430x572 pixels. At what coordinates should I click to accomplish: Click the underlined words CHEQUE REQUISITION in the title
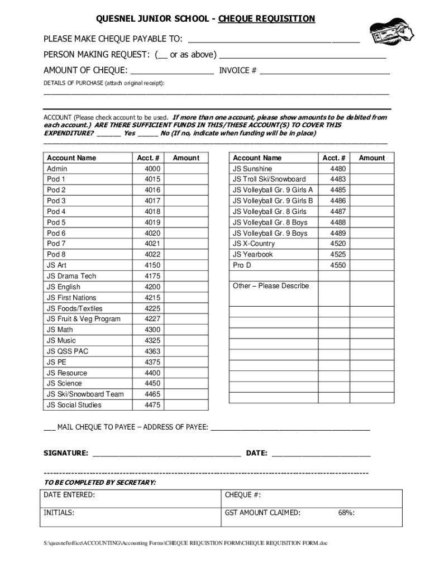coord(266,19)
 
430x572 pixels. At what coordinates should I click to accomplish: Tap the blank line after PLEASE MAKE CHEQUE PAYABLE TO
coord(274,40)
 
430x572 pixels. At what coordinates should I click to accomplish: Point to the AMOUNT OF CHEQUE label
coord(85,71)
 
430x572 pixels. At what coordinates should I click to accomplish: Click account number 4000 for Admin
coord(152,169)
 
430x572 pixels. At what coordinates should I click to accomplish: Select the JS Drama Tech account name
coord(71,276)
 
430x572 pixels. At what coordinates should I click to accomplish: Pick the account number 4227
coord(152,319)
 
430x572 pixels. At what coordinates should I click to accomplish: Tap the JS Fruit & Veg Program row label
coord(84,319)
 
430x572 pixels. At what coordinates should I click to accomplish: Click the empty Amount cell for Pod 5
coord(186,222)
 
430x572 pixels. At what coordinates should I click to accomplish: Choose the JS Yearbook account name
coord(253,255)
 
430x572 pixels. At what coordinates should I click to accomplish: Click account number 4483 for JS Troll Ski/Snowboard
coord(338,179)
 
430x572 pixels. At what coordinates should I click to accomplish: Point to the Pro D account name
coord(242,265)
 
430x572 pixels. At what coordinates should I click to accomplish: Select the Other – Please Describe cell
coord(271,286)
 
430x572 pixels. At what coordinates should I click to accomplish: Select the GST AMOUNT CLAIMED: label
coord(262,513)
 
